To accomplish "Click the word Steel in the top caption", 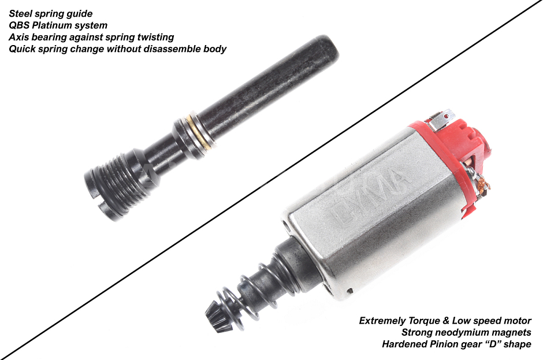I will [21, 13].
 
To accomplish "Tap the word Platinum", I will [57, 25].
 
